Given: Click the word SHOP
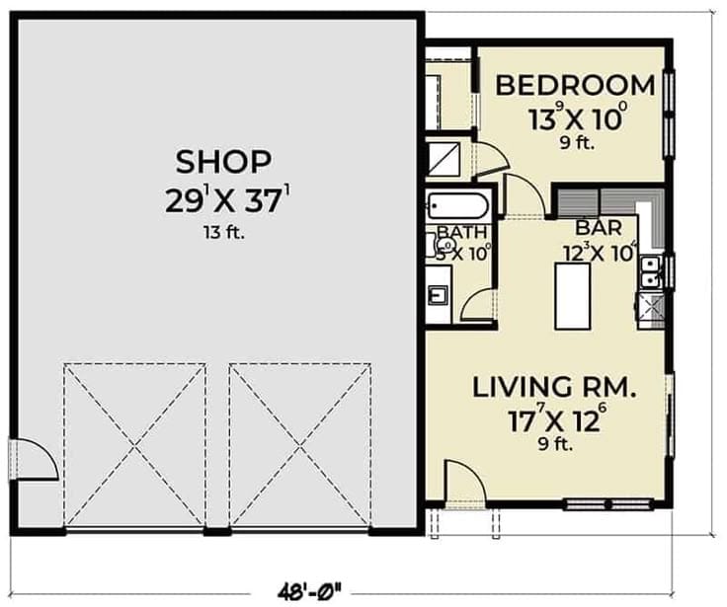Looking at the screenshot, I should [223, 160].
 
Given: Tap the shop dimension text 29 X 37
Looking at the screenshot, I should [226, 201].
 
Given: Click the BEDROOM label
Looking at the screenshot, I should [574, 85].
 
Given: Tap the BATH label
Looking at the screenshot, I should [462, 233].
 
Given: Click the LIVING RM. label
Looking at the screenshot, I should [553, 386].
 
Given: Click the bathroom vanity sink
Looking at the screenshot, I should [439, 293].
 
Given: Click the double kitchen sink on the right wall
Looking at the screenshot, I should [650, 270].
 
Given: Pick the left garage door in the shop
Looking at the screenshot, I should [135, 445].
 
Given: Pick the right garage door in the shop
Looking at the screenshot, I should [300, 445].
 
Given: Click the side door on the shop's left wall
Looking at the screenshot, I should [30, 460].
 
